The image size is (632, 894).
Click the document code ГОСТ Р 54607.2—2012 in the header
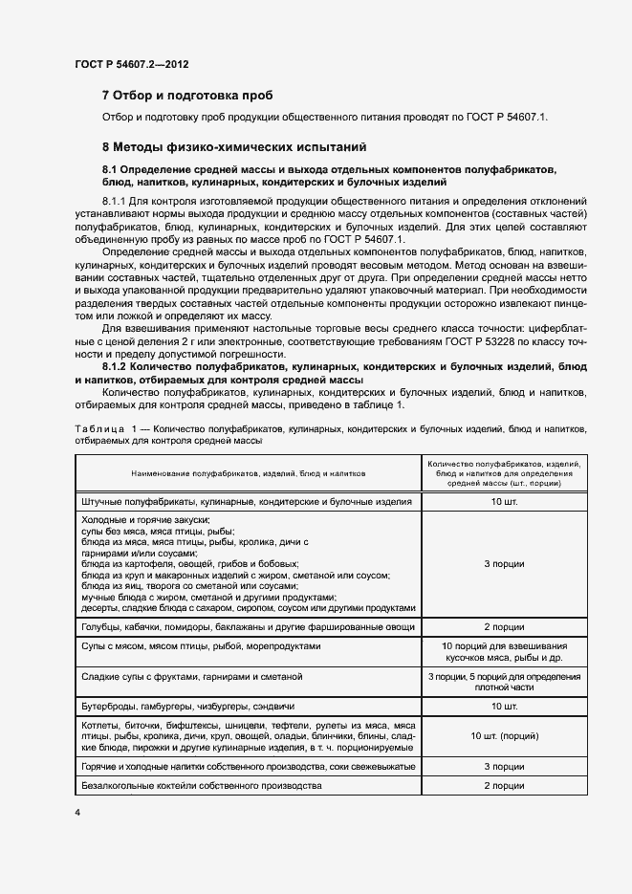[x=131, y=63]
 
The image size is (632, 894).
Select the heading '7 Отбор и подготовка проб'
[x=187, y=96]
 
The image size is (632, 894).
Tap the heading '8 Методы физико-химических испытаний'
[x=233, y=147]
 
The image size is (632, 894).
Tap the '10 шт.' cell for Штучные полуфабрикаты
[x=504, y=502]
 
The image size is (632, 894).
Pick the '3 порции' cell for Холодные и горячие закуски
[x=504, y=563]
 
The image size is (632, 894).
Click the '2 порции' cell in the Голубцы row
[x=504, y=627]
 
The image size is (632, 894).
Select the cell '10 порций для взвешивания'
[x=504, y=646]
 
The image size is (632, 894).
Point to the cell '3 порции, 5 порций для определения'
[x=504, y=677]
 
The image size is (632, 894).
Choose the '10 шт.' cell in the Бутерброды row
[x=504, y=707]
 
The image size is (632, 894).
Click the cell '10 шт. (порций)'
[x=504, y=737]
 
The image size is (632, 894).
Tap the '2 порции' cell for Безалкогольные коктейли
[x=504, y=785]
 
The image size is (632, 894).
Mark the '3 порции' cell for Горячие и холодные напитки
[x=504, y=767]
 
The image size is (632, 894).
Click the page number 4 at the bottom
[x=77, y=812]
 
